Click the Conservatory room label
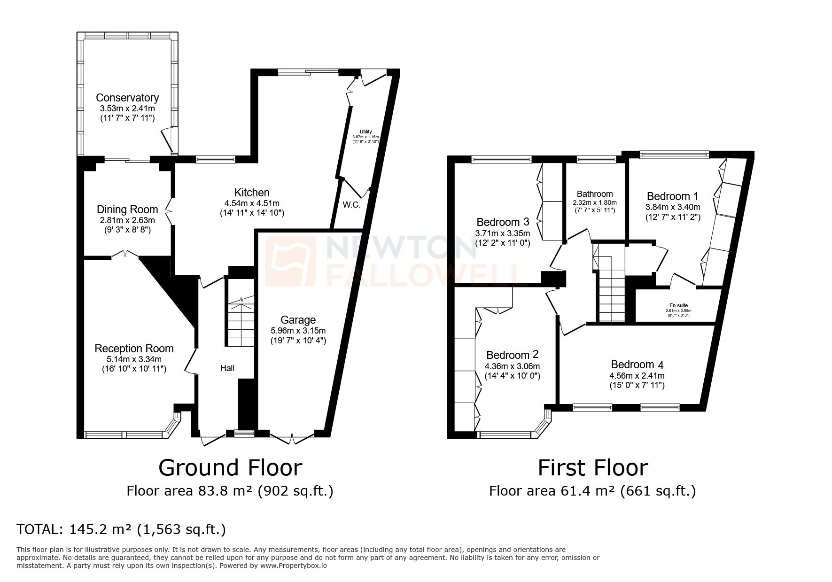coord(127,98)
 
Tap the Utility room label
coord(365,132)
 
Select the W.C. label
coord(351,205)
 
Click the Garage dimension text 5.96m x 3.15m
coord(298,331)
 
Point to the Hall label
coord(227,368)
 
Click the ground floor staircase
coord(240,324)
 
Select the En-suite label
coord(678,305)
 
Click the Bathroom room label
coord(595,194)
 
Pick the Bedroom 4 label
coord(637,365)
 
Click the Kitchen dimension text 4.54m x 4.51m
coord(252,203)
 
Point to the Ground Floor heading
coord(230,468)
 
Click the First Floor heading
coord(592,468)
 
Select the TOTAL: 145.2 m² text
coord(121,530)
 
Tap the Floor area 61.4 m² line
coord(592,491)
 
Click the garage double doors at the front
coord(292,439)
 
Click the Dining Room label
coord(127,210)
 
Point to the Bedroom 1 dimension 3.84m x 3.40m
coord(672,207)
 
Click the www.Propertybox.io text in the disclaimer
coord(294,566)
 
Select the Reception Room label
coord(134,349)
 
